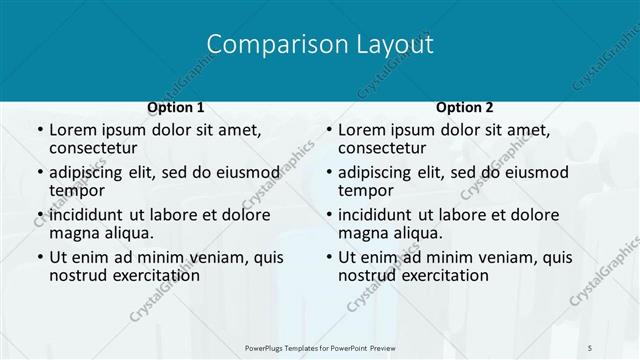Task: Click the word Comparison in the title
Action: [262, 45]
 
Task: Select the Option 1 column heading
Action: [176, 107]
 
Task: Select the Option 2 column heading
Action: [464, 107]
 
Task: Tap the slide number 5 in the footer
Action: [591, 347]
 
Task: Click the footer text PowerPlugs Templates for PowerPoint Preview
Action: [320, 347]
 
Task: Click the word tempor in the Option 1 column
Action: [75, 191]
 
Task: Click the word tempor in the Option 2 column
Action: [364, 191]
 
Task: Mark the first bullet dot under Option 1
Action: [40, 131]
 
